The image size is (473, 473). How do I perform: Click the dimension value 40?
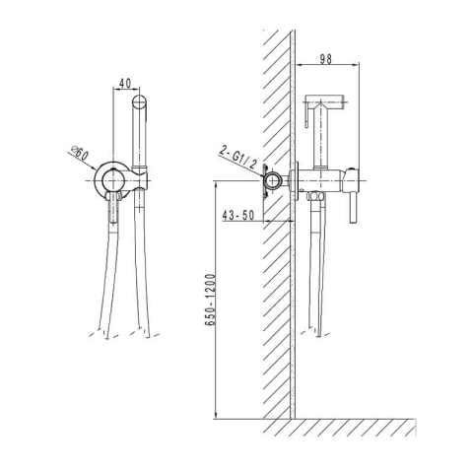[x=125, y=84]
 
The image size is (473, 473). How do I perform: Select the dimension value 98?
[x=326, y=59]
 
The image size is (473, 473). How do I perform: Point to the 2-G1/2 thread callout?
[x=237, y=158]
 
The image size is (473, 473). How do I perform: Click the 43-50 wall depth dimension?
[x=238, y=216]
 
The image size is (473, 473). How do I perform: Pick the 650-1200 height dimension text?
[x=211, y=300]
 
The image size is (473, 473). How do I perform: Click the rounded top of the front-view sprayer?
[x=140, y=101]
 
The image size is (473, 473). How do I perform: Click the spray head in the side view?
[x=324, y=101]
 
